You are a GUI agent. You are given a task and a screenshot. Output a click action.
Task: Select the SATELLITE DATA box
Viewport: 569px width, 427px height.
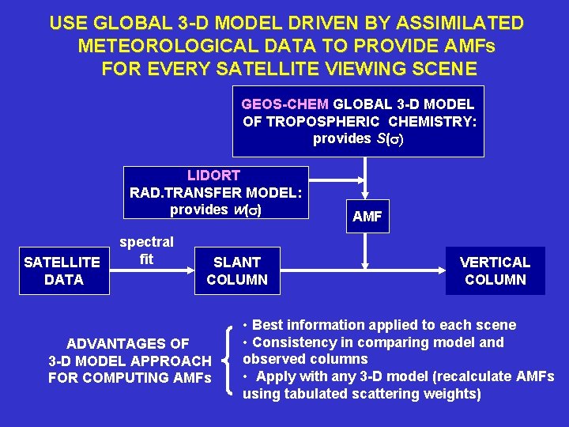pos(63,270)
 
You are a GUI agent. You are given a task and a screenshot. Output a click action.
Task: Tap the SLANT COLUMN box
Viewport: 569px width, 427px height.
pos(237,270)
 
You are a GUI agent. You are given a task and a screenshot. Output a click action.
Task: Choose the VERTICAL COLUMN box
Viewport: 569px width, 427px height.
pos(496,270)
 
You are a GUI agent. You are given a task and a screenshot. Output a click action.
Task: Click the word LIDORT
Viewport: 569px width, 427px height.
pos(213,175)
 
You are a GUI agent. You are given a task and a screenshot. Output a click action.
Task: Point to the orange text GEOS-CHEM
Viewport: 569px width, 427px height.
pos(286,104)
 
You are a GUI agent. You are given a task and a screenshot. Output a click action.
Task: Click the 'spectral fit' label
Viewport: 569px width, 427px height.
pos(146,251)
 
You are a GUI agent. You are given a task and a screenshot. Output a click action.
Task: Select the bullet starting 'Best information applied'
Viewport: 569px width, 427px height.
pos(379,325)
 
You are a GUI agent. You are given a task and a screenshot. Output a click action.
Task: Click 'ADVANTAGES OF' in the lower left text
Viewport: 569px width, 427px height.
pos(128,344)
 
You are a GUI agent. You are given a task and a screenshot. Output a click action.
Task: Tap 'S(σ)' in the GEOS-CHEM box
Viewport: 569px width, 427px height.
pos(389,138)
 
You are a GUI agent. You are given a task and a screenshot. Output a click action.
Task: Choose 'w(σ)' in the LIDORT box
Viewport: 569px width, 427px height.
pos(247,210)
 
